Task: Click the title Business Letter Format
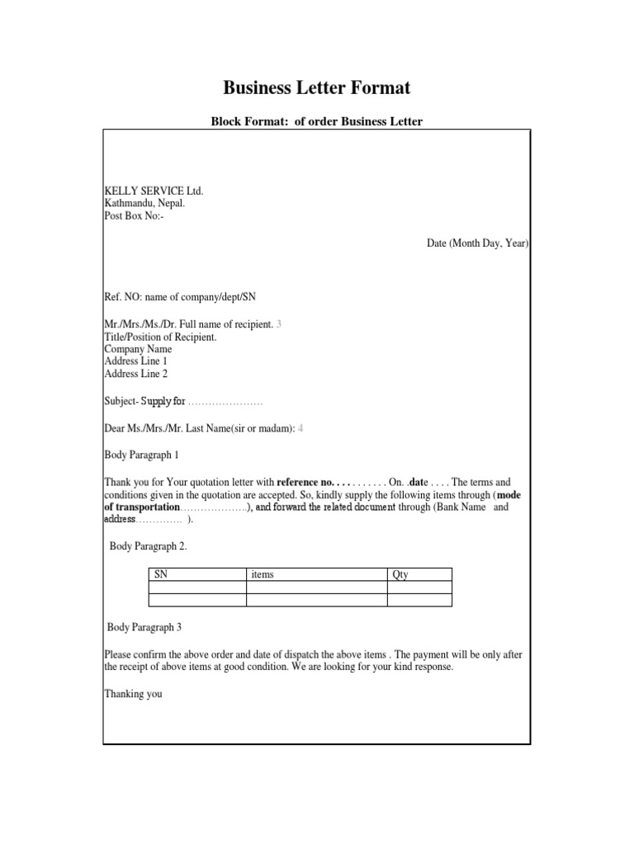click(x=317, y=87)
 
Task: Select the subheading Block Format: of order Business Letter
click(x=317, y=122)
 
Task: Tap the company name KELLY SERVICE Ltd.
click(x=153, y=191)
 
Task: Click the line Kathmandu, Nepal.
click(x=144, y=203)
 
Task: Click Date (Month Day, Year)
click(x=477, y=244)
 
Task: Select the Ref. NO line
click(x=186, y=297)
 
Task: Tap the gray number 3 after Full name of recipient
click(x=279, y=324)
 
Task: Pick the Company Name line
click(x=138, y=349)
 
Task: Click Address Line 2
click(x=135, y=374)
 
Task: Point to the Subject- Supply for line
click(x=182, y=402)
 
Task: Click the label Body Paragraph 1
click(x=141, y=455)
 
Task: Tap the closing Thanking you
click(x=133, y=694)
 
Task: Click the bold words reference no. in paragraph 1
click(x=305, y=482)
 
